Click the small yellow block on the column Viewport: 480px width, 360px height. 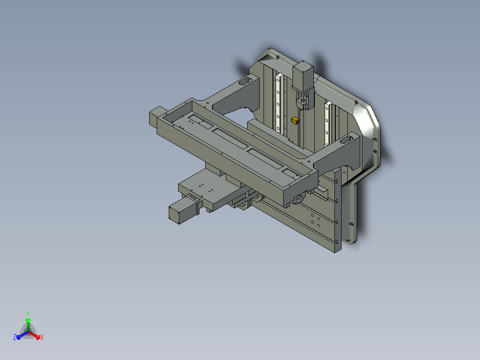[x=295, y=120]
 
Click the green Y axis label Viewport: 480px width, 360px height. [x=28, y=313]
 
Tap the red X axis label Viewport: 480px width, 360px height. [x=42, y=337]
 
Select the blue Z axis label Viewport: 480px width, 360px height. [x=15, y=337]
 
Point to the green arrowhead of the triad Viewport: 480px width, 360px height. [x=28, y=320]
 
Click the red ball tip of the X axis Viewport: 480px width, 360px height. [x=38, y=338]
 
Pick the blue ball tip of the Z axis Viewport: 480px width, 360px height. [x=19, y=338]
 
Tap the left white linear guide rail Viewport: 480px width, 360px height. [x=279, y=102]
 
